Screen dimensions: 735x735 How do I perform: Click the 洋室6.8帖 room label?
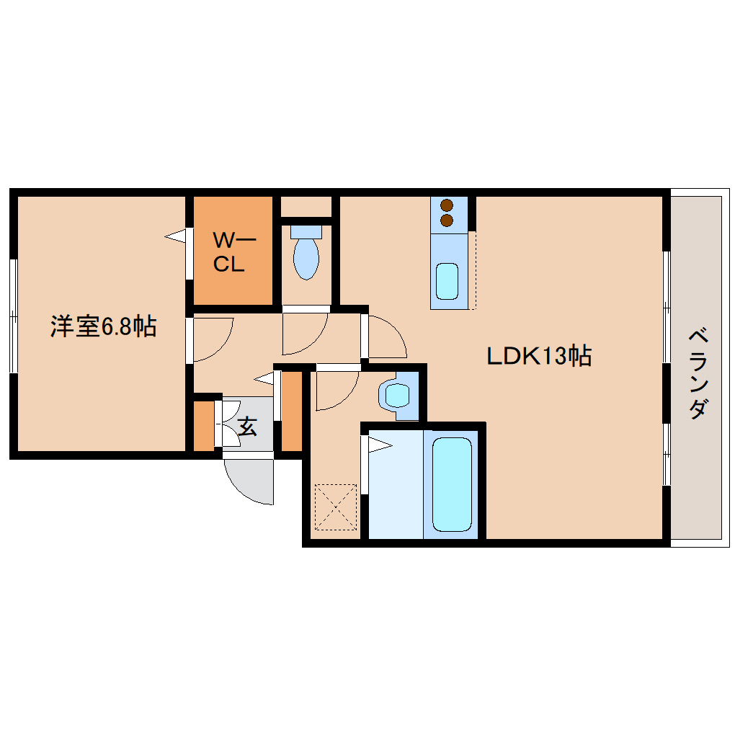coord(102,326)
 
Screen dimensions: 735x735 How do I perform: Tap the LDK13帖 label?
coord(539,355)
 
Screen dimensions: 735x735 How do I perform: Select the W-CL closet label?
coord(230,251)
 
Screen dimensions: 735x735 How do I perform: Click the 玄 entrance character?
coord(247,427)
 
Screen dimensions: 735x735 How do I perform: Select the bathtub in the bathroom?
coord(451,484)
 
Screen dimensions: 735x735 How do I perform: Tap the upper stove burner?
coord(447,205)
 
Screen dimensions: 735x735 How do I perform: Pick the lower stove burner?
coord(447,219)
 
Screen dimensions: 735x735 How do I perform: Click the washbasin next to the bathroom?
coord(396,395)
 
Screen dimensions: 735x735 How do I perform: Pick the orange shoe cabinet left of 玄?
coord(205,424)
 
